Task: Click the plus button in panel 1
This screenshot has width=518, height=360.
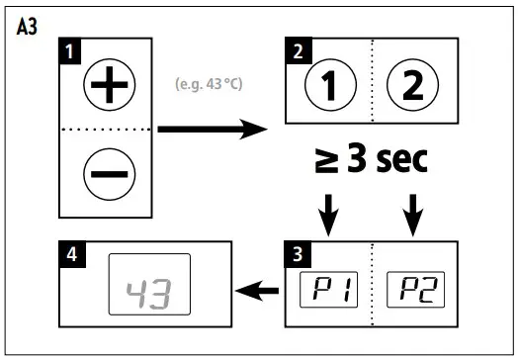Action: click(x=103, y=86)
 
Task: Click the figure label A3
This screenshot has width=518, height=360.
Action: click(x=29, y=27)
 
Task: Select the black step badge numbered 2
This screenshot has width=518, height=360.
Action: click(x=295, y=48)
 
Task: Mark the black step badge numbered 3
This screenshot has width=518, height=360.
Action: click(x=295, y=250)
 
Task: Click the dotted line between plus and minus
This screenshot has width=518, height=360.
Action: click(x=103, y=130)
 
